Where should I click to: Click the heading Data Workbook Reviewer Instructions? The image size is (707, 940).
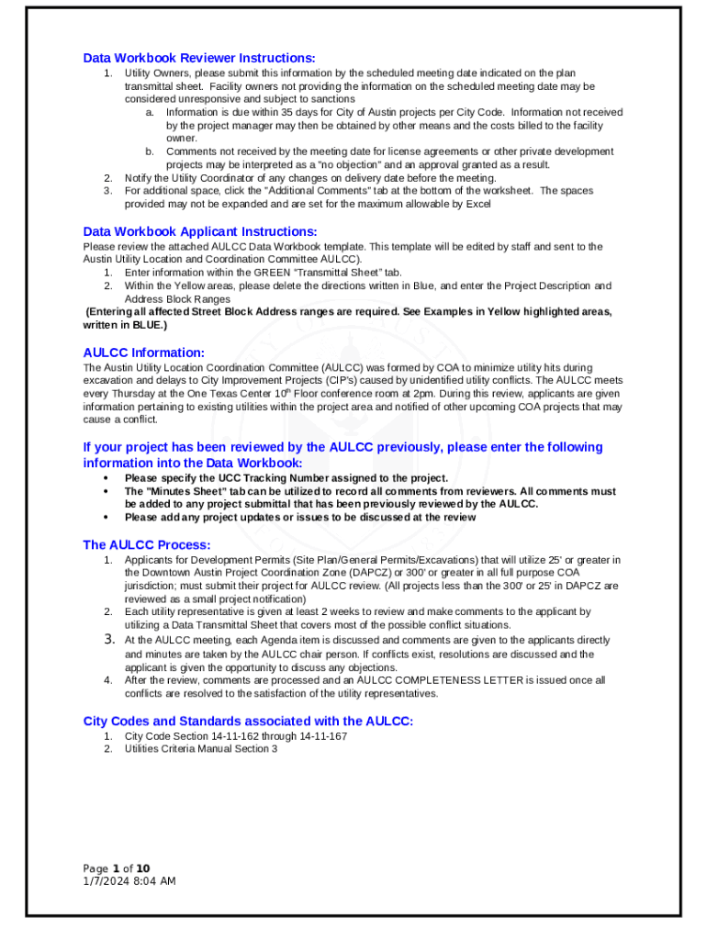(199, 58)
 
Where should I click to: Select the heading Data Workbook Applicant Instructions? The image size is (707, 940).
(200, 231)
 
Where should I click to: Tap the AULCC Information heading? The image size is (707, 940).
(143, 352)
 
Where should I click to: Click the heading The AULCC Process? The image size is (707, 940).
(147, 544)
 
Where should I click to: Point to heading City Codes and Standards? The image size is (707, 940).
(248, 721)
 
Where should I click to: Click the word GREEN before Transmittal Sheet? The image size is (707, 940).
(252, 273)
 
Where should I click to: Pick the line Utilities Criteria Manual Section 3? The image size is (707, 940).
(201, 749)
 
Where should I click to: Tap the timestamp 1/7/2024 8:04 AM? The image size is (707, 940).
(129, 881)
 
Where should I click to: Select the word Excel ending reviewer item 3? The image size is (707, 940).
(477, 204)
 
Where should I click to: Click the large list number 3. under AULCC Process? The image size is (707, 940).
(107, 639)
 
